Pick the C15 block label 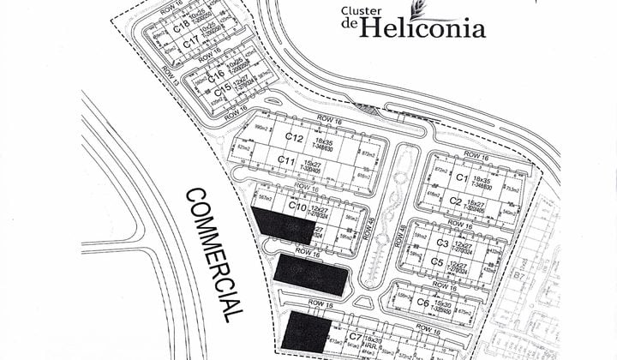click(223, 89)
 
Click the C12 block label click(294, 137)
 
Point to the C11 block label click(286, 160)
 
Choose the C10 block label click(297, 207)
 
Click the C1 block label click(462, 177)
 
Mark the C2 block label click(456, 201)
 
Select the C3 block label click(442, 244)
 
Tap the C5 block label click(436, 261)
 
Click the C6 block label click(422, 302)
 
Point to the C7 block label click(354, 339)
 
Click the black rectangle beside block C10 click(283, 225)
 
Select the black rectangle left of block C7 click(306, 332)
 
